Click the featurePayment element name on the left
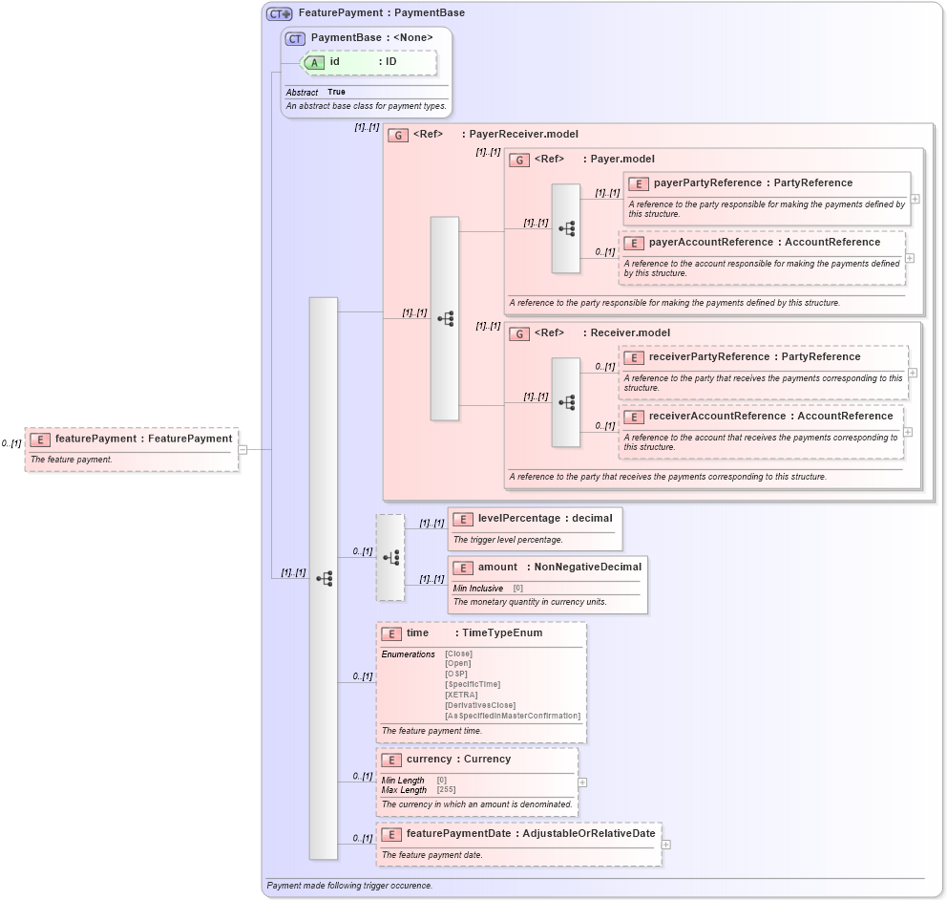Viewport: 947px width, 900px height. pos(95,439)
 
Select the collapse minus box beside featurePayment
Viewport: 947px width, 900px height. pos(242,449)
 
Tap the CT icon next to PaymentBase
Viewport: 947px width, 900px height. pos(295,38)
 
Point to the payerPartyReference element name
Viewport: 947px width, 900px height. pos(706,183)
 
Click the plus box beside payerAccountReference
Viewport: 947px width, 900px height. pos(910,258)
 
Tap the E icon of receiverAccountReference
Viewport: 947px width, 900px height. pos(634,417)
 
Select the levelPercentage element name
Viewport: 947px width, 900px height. pos(518,518)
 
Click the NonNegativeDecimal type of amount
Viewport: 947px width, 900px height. pos(587,568)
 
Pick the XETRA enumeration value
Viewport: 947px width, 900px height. pos(461,695)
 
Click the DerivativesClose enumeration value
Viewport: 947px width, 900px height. pos(480,705)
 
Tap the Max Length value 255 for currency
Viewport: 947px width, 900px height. pos(445,790)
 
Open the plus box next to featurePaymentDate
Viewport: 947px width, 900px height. pos(666,845)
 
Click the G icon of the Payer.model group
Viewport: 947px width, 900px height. pos(519,160)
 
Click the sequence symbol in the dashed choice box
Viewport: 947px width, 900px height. pos(390,557)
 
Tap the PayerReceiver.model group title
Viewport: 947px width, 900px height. pos(523,135)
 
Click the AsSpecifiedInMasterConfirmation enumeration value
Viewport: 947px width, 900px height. pos(512,716)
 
